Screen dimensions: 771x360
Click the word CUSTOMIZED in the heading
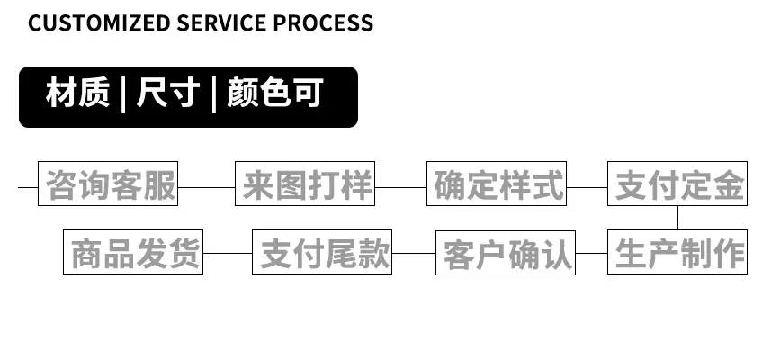click(x=99, y=23)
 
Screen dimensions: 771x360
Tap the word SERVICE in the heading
click(x=221, y=23)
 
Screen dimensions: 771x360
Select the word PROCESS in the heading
click(x=323, y=23)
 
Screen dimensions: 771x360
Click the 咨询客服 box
click(x=108, y=184)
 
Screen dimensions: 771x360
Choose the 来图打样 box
click(x=305, y=184)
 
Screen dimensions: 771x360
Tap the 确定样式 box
click(x=497, y=184)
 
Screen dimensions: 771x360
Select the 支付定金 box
click(x=677, y=184)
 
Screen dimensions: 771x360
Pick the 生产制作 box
click(x=677, y=252)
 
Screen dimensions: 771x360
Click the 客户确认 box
click(x=506, y=253)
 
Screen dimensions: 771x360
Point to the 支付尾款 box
click(x=322, y=252)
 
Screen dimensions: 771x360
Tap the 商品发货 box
click(x=133, y=252)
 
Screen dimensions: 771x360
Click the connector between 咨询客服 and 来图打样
click(x=207, y=187)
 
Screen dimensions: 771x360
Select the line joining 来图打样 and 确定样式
click(x=400, y=187)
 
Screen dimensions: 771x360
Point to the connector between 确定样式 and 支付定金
click(x=587, y=187)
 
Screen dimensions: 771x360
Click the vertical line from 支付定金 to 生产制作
click(x=678, y=218)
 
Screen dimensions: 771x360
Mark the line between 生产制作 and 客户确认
click(x=592, y=253)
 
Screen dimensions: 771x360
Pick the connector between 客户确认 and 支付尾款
click(x=414, y=253)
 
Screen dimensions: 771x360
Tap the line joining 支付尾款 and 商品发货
click(x=228, y=253)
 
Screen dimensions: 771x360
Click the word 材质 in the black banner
click(x=77, y=93)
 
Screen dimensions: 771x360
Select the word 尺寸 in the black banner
click(x=168, y=93)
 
